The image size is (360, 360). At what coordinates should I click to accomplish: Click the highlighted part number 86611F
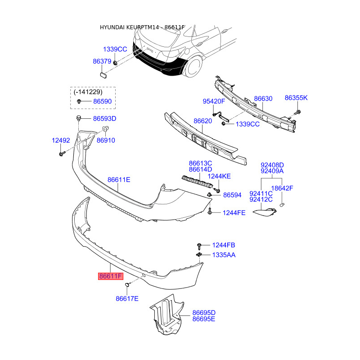[x=111, y=276]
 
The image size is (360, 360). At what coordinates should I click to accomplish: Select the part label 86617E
[x=127, y=298]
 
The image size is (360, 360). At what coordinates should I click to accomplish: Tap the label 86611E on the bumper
[x=119, y=180]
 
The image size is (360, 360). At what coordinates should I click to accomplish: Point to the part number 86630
[x=263, y=98]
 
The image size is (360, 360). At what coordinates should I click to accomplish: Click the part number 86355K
[x=296, y=98]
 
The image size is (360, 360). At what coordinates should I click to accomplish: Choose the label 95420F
[x=214, y=101]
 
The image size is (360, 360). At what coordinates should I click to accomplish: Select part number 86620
[x=202, y=121]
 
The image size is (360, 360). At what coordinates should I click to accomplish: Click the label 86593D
[x=105, y=119]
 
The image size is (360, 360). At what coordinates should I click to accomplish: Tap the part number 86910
[x=106, y=140]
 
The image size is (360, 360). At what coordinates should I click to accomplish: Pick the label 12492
[x=61, y=140]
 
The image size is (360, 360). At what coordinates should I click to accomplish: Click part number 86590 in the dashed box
[x=102, y=102]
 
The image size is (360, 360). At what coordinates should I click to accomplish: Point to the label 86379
[x=102, y=61]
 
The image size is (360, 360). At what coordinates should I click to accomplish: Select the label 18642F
[x=282, y=188]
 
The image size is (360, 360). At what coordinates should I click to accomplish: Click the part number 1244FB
[x=224, y=245]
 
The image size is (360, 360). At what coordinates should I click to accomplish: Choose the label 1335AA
[x=224, y=255]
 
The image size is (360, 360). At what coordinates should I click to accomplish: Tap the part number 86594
[x=233, y=195]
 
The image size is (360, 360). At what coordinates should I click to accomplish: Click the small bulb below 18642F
[x=283, y=206]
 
